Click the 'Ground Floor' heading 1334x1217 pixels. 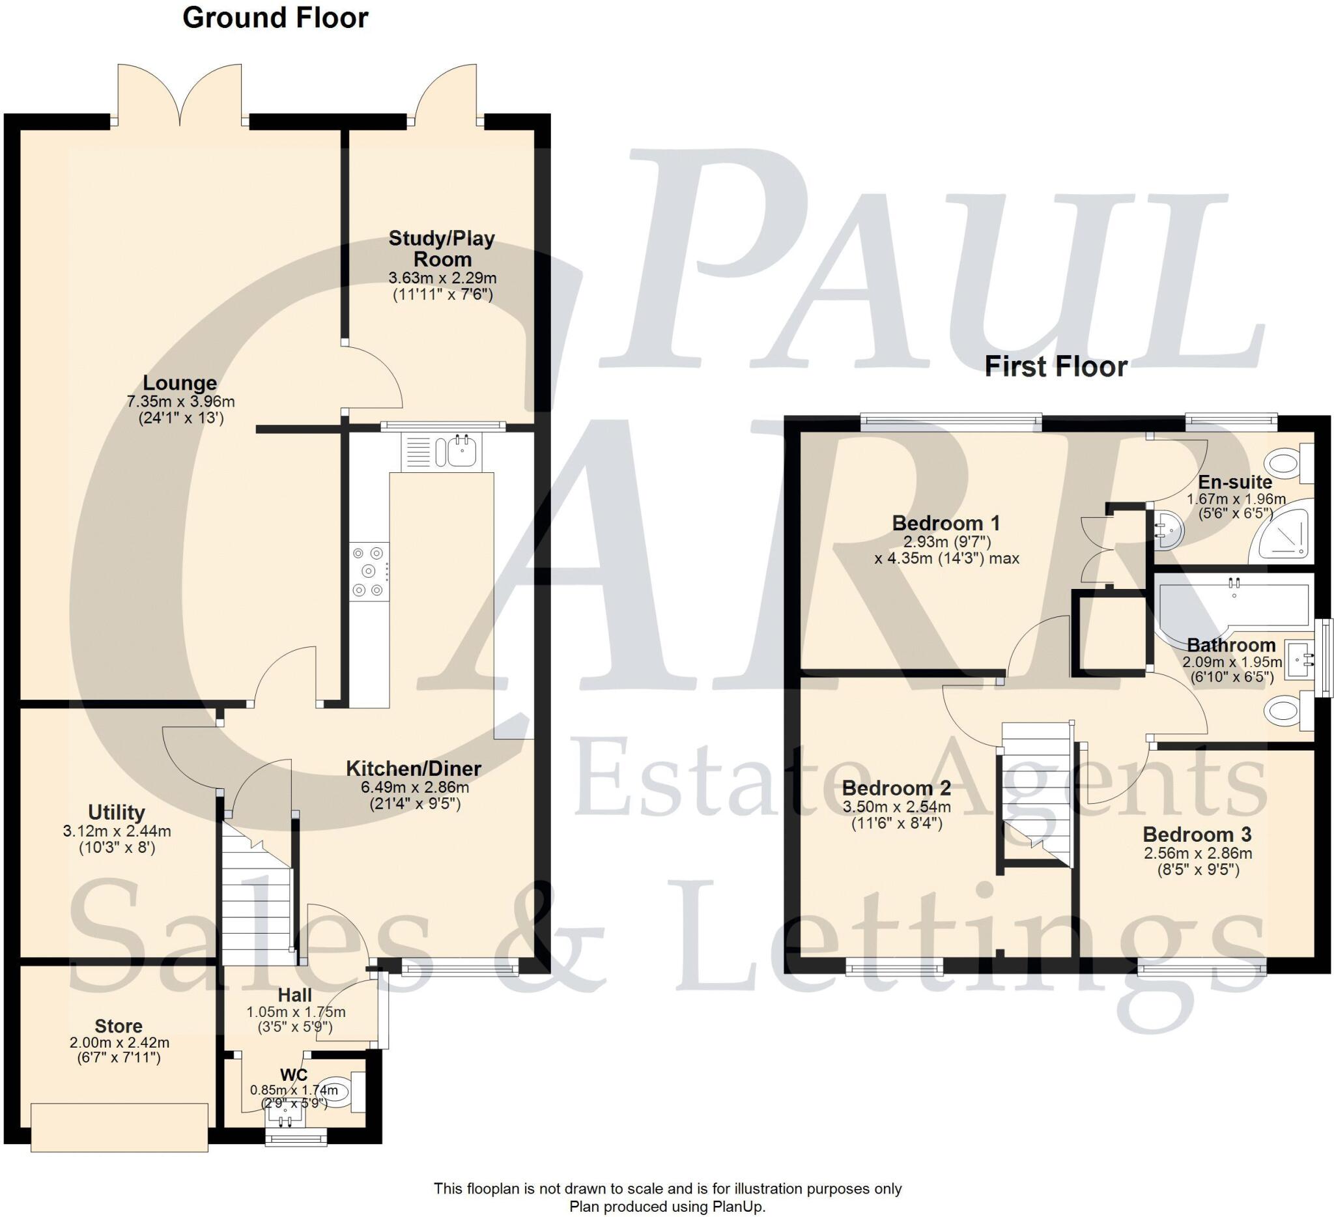click(275, 18)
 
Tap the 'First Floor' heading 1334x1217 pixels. click(1055, 367)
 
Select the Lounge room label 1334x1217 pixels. click(180, 383)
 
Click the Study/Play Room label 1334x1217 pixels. click(442, 248)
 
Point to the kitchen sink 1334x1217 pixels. click(458, 451)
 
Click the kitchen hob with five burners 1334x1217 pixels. click(369, 571)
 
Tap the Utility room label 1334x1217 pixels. click(117, 812)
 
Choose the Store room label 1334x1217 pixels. click(119, 1025)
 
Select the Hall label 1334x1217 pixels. click(294, 995)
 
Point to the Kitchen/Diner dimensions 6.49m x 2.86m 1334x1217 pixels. click(414, 788)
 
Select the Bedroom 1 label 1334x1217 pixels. click(946, 523)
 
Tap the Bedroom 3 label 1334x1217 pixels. click(1197, 835)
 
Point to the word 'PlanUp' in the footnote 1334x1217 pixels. click(739, 1207)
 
